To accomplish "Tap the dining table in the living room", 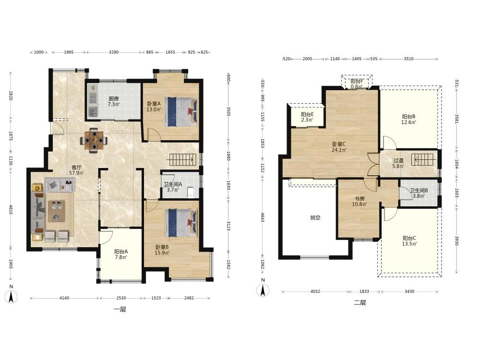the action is pyautogui.click(x=94, y=140).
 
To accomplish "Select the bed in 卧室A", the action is pyautogui.click(x=180, y=112).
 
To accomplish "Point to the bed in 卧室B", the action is pyautogui.click(x=180, y=223).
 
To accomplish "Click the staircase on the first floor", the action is pyautogui.click(x=182, y=159).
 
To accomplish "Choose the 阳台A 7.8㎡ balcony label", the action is pyautogui.click(x=121, y=254).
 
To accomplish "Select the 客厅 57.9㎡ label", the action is pyautogui.click(x=76, y=170).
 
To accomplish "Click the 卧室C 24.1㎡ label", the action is pyautogui.click(x=339, y=147).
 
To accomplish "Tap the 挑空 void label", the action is pyautogui.click(x=315, y=218).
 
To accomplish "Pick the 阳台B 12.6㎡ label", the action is pyautogui.click(x=408, y=120).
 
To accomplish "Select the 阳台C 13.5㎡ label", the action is pyautogui.click(x=409, y=241).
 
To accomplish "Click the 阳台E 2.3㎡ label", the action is pyautogui.click(x=307, y=117).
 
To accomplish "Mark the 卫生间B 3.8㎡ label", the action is pyautogui.click(x=419, y=193).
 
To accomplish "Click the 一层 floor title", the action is pyautogui.click(x=120, y=310).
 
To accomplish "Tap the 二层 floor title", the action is pyautogui.click(x=360, y=303).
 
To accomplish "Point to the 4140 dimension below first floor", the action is pyautogui.click(x=64, y=298).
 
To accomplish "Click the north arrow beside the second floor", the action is pyautogui.click(x=263, y=290).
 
